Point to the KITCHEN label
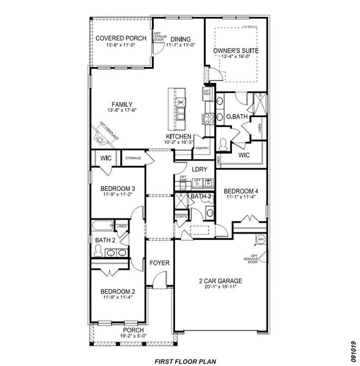point(179,136)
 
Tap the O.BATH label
point(236,117)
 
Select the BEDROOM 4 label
point(241,191)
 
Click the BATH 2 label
point(106,240)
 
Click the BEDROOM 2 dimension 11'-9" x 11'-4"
point(119,298)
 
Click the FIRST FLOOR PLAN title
point(184,360)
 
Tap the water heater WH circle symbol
point(260,239)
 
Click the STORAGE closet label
point(133,159)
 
